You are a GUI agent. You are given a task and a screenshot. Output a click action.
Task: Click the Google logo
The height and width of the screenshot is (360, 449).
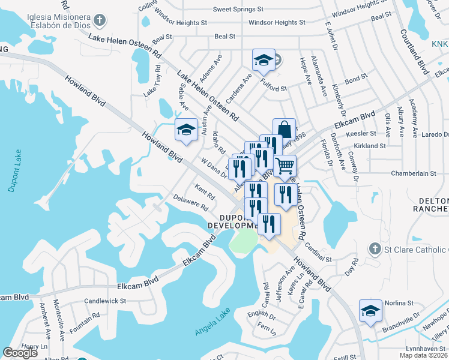20,353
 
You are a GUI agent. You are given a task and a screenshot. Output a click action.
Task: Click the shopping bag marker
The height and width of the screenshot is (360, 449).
284,130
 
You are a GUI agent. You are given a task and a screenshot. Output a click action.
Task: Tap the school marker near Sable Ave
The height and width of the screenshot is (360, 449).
186,129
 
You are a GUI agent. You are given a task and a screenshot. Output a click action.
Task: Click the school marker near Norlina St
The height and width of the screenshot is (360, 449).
370,310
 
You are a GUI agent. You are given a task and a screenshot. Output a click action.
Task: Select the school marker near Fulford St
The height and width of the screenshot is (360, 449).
263,60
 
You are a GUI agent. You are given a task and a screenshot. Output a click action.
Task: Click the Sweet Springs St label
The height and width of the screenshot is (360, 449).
238,10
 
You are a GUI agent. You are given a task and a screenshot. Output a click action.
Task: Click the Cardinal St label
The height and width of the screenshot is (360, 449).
318,249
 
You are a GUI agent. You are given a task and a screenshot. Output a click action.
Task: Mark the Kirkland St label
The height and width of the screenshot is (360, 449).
370,146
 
